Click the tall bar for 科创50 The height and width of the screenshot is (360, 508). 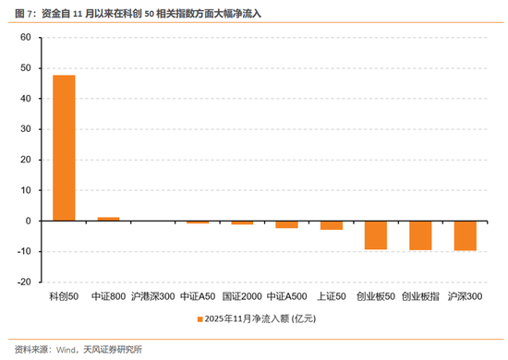click(x=64, y=148)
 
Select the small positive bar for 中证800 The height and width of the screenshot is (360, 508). click(x=108, y=219)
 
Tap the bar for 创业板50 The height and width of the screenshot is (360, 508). click(x=376, y=235)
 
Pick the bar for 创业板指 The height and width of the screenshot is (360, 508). click(x=420, y=235)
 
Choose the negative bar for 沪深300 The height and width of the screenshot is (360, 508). click(x=465, y=236)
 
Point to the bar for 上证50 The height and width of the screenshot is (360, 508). click(x=332, y=225)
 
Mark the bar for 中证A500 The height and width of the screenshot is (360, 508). click(x=286, y=224)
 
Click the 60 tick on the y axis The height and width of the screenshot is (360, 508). click(x=25, y=38)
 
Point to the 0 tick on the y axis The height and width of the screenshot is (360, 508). click(x=29, y=222)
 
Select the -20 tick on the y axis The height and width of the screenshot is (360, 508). click(x=23, y=282)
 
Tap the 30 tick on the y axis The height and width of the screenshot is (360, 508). click(x=25, y=129)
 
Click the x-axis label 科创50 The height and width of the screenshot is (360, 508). click(x=64, y=297)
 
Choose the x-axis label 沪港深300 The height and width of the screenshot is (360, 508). click(x=153, y=297)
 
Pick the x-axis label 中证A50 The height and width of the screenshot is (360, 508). click(x=198, y=297)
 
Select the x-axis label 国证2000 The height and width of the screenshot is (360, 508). click(x=242, y=297)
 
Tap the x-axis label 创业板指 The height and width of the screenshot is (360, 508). click(x=420, y=297)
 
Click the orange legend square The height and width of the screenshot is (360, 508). click(x=197, y=318)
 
